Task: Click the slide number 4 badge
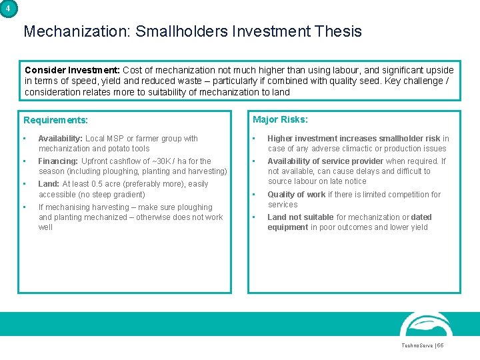point(8,8)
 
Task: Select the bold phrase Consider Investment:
point(73,70)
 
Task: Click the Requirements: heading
point(55,121)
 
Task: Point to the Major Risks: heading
point(280,120)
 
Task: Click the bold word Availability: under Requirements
point(61,139)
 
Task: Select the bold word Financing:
point(58,161)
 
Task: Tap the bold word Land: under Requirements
point(49,184)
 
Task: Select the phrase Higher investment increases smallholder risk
point(353,139)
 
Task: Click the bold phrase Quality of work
point(297,195)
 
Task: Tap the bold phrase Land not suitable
point(301,217)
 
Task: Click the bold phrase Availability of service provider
point(325,161)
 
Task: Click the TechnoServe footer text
point(417,345)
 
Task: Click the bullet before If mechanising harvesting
point(25,207)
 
